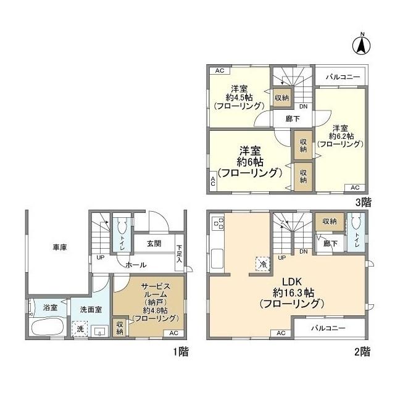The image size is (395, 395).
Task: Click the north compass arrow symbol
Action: click(362, 44)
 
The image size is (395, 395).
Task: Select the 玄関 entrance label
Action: click(154, 244)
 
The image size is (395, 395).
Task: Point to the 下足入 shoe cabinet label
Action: click(179, 253)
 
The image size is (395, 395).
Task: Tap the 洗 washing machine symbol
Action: click(79, 330)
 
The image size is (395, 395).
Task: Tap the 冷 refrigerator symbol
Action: click(262, 264)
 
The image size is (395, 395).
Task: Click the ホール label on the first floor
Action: click(136, 265)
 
